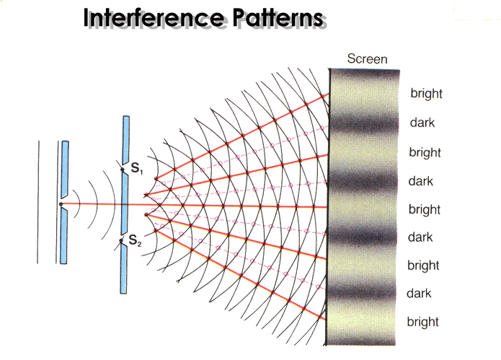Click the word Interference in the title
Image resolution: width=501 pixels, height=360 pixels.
pyautogui.click(x=153, y=17)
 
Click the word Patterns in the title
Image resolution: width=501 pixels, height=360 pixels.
pyautogui.click(x=278, y=17)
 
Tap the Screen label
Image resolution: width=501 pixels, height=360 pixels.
pyautogui.click(x=367, y=59)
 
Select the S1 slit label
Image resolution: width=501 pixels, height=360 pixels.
pyautogui.click(x=137, y=168)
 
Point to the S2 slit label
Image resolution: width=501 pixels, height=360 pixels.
pyautogui.click(x=135, y=240)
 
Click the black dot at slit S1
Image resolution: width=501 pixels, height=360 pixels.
pyautogui.click(x=123, y=170)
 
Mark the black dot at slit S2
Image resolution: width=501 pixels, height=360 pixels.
pyautogui.click(x=121, y=241)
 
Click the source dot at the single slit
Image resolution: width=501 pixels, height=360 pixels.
pyautogui.click(x=61, y=204)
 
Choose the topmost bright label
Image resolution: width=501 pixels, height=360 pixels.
pyautogui.click(x=426, y=93)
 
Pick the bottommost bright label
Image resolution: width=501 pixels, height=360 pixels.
pyautogui.click(x=422, y=322)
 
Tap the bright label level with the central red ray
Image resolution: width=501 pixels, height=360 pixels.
pyautogui.click(x=425, y=209)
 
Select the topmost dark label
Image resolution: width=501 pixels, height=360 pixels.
pyautogui.click(x=422, y=123)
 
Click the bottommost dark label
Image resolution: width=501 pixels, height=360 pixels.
pyautogui.click(x=419, y=294)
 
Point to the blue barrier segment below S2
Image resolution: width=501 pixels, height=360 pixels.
pyautogui.click(x=123, y=269)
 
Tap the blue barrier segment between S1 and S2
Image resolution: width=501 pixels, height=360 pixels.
pyautogui.click(x=124, y=205)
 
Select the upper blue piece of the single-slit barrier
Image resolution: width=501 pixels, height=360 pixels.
pyautogui.click(x=65, y=169)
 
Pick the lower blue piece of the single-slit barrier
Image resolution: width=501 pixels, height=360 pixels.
pyautogui.click(x=64, y=236)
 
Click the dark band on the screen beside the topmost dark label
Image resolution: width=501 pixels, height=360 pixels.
pyautogui.click(x=364, y=123)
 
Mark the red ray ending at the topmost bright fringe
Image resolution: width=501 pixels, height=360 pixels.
pyautogui.click(x=242, y=136)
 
